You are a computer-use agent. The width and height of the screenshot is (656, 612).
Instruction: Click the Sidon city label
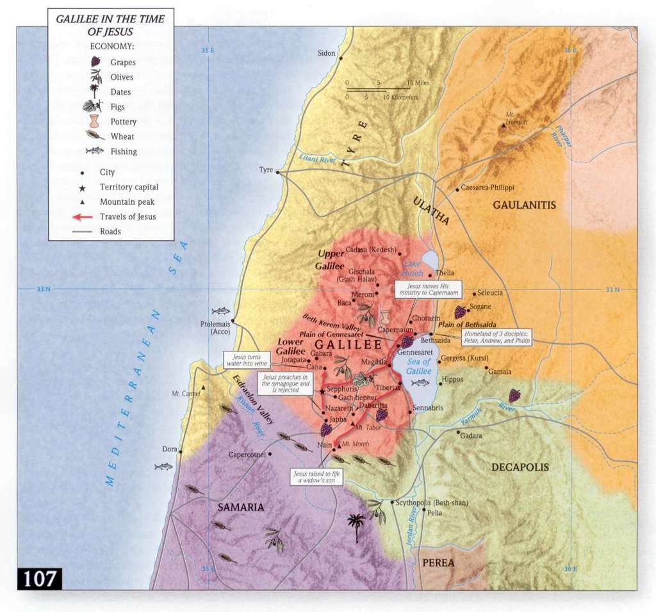click(x=326, y=53)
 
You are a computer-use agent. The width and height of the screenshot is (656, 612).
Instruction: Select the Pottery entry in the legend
click(x=123, y=122)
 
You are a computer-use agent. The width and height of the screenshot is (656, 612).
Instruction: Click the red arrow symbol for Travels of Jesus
click(x=83, y=216)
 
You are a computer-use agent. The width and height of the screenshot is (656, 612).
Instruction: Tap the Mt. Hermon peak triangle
click(x=504, y=126)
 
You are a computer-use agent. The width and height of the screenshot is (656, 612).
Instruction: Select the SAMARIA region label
click(x=240, y=507)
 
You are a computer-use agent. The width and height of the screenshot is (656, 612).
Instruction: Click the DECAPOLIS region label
click(x=520, y=467)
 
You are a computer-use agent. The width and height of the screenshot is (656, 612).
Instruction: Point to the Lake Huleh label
click(x=413, y=268)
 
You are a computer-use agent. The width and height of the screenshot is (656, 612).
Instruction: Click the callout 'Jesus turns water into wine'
click(x=245, y=359)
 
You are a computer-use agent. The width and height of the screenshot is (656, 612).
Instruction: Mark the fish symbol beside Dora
click(x=163, y=467)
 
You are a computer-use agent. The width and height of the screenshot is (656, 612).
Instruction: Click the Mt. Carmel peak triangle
click(x=203, y=388)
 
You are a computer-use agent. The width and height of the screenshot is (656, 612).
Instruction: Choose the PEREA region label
click(x=438, y=563)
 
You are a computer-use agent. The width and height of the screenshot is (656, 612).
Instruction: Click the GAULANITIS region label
click(x=524, y=205)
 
